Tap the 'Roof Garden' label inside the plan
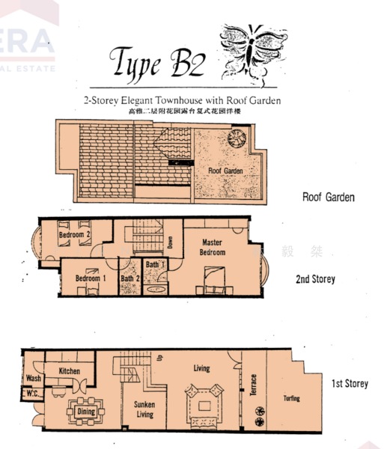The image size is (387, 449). coord(226,171)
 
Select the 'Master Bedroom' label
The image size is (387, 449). coord(212,247)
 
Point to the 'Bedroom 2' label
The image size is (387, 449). coord(74,236)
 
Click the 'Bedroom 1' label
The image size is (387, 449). coord(91,278)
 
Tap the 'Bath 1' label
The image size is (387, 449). coord(153,265)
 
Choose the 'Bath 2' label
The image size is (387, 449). coord(130,279)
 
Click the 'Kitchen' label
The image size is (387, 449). coord(69,370)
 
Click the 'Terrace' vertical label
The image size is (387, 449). coord(253,386)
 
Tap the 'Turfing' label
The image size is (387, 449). coord(291,399)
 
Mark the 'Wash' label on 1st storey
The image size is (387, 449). coord(33,379)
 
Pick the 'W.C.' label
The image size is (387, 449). coord(31,394)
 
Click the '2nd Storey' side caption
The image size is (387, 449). coord(315,279)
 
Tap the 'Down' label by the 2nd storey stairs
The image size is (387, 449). coord(170,243)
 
